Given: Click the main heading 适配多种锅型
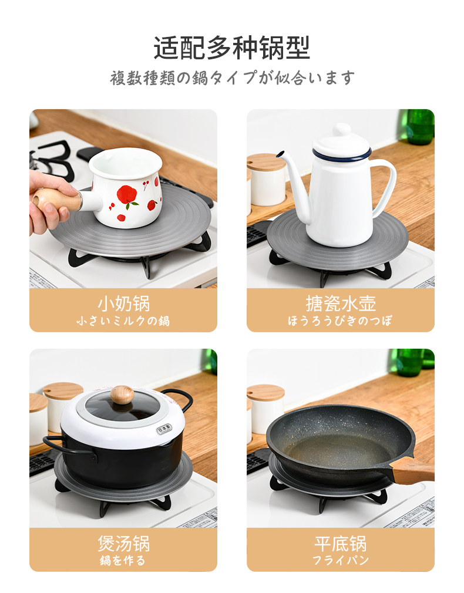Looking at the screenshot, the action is [231, 48].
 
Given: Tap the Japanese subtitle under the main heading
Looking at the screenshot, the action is [233, 78].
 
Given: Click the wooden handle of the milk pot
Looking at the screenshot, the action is [57, 199].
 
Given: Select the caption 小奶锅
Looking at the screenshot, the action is [124, 304].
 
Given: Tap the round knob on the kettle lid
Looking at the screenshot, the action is [341, 129].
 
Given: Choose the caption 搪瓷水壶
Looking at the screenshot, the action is [341, 304].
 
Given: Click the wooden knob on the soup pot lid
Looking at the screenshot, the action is [122, 395].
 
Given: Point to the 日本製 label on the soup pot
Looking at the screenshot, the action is [164, 430].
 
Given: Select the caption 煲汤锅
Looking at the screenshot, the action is [124, 544].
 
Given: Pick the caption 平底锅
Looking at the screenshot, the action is [341, 544].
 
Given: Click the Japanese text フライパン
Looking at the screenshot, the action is [341, 560].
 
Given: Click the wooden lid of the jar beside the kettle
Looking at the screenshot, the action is [265, 163].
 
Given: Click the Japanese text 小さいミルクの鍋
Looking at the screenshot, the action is [123, 321].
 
